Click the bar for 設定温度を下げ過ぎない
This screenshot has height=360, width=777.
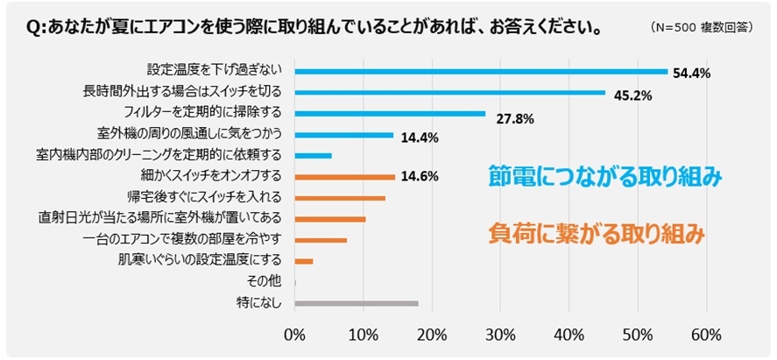(481, 71)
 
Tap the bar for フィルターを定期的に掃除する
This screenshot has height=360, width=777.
(390, 113)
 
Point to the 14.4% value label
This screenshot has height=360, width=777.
(420, 138)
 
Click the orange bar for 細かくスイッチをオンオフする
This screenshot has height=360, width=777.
(345, 177)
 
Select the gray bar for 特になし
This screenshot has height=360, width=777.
(357, 303)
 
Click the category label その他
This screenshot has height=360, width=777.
(265, 282)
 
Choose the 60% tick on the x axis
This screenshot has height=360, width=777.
(706, 335)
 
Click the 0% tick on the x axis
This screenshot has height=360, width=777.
(295, 335)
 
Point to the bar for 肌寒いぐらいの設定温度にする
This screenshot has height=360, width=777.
(304, 261)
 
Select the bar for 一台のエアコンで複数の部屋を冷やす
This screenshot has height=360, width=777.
(321, 240)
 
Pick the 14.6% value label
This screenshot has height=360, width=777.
(420, 176)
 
